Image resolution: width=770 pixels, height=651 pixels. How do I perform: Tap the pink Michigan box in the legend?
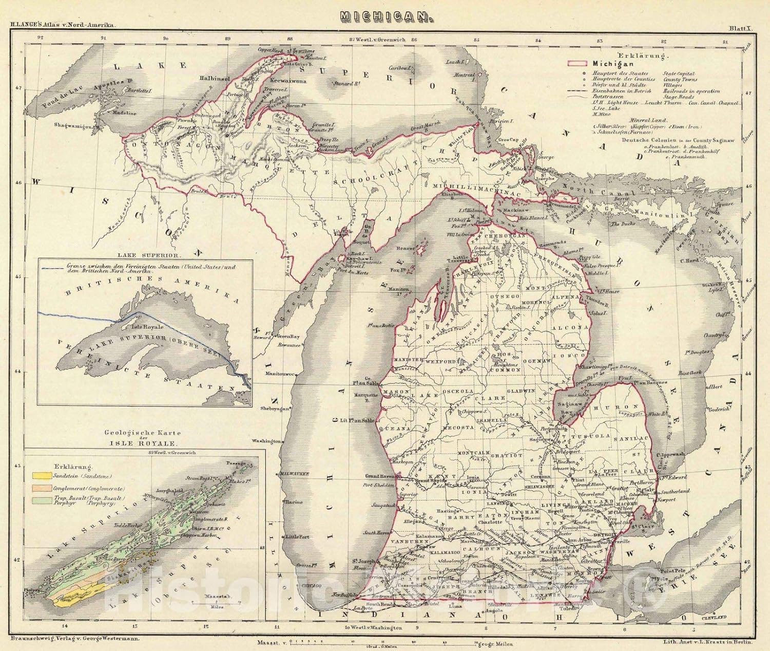[x=576, y=64]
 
